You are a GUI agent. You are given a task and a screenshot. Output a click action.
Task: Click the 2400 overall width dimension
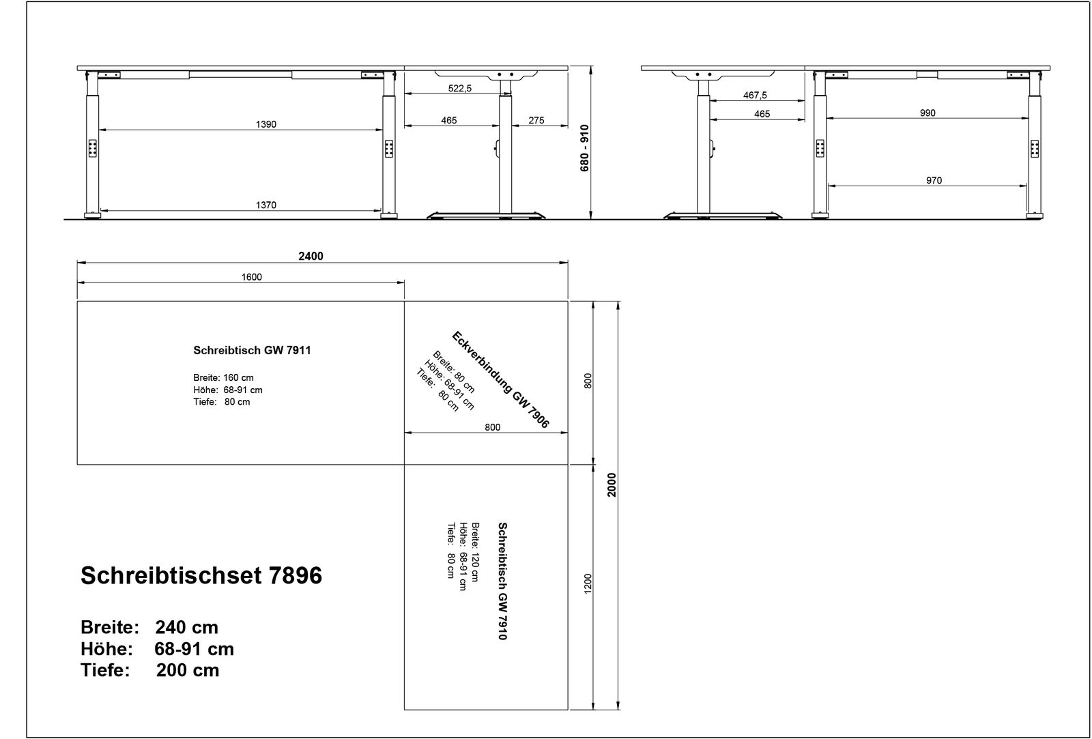311,257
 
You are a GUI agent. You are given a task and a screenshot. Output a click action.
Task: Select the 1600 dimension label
251,277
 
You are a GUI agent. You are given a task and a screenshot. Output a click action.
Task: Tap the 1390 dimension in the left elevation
266,124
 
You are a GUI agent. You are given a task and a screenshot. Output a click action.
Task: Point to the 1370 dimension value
266,205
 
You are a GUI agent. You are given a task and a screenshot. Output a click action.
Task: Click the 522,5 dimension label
460,89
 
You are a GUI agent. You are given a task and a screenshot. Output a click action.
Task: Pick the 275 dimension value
536,121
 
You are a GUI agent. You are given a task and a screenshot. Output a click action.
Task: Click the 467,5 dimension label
755,96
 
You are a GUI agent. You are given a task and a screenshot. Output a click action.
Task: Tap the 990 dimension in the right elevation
928,113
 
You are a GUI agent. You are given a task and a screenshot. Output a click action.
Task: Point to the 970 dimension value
934,181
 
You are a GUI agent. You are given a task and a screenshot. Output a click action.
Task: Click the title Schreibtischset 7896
201,576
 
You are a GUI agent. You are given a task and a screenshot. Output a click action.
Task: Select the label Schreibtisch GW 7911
252,351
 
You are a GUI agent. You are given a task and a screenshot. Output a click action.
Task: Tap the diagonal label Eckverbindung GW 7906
500,380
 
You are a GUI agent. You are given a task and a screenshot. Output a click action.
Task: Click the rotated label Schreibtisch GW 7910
502,581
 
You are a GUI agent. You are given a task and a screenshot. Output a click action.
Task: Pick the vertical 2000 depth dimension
612,484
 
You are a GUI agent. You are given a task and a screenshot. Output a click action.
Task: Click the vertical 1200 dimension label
588,583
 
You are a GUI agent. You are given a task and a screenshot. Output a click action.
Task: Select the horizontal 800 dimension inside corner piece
492,428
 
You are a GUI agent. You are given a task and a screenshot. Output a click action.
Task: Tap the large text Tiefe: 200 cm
150,671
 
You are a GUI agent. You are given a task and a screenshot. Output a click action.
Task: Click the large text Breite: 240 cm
149,627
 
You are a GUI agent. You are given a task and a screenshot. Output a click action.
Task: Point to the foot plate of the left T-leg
487,217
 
